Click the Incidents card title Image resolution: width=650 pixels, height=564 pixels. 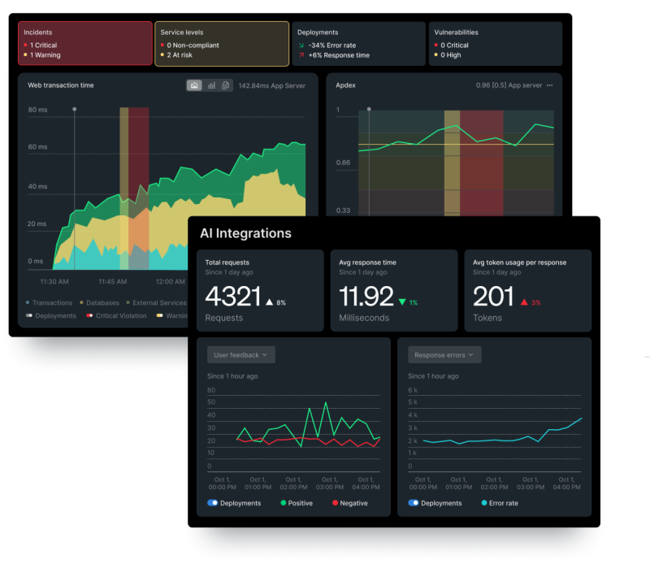(38, 33)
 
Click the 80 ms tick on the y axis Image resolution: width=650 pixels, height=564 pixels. (37, 109)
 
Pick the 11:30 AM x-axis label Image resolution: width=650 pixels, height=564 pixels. (54, 281)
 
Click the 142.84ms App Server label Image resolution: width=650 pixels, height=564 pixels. (271, 85)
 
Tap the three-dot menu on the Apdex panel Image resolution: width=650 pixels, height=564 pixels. (549, 85)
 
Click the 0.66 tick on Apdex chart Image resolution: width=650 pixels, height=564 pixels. (343, 163)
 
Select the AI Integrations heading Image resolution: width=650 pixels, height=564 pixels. (245, 233)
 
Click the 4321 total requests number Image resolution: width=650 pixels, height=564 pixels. (232, 297)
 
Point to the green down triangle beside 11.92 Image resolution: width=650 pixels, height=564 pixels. (401, 302)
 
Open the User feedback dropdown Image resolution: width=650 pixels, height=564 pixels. (241, 354)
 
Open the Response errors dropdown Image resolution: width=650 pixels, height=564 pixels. (445, 354)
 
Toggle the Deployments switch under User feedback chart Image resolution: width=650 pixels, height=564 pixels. (213, 503)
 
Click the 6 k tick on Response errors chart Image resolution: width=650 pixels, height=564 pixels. (413, 390)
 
